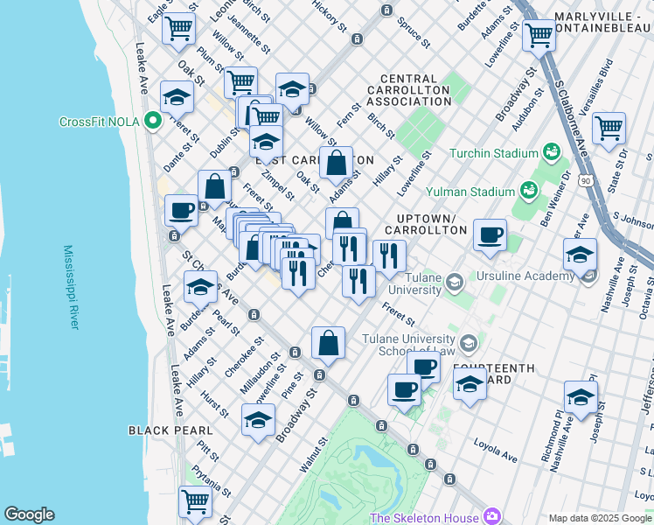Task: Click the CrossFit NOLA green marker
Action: [153, 121]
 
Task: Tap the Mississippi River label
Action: [69, 287]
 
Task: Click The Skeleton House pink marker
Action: [492, 517]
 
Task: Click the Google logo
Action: [29, 514]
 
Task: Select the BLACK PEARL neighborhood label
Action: [170, 430]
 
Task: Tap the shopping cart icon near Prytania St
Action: [195, 501]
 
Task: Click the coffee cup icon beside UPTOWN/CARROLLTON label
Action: [490, 234]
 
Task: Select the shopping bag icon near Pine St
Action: [328, 342]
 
